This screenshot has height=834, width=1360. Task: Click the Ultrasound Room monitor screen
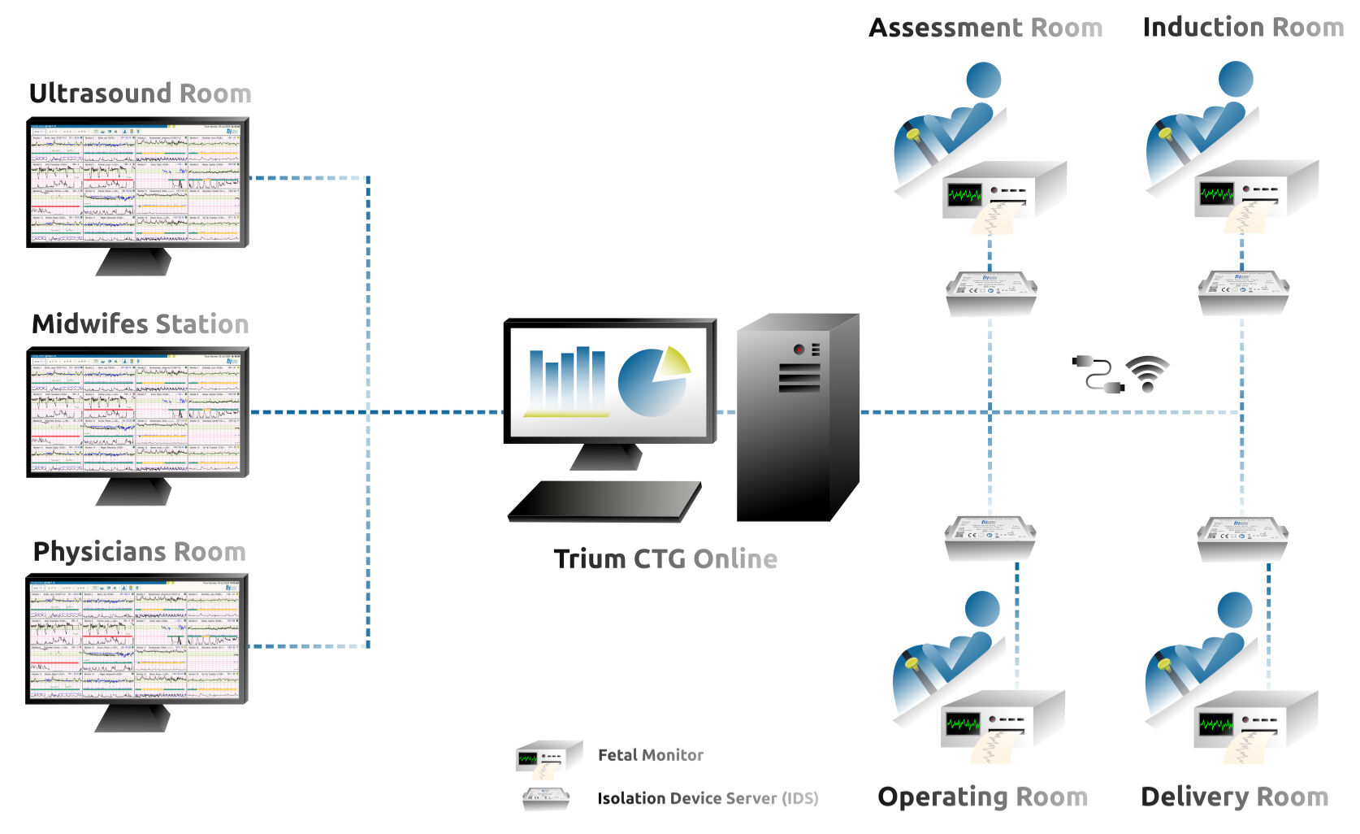coord(136,184)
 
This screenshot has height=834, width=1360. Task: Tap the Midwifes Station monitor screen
coord(136,413)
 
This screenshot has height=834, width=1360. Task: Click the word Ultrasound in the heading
coord(102,93)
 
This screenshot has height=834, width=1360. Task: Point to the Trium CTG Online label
coord(665,559)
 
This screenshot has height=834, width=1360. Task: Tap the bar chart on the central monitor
coord(567,380)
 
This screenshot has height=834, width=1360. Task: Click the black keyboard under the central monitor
coord(605,501)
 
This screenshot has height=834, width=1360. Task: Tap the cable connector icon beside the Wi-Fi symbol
coord(1098,374)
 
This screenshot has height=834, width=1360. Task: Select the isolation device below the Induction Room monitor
coord(1243,291)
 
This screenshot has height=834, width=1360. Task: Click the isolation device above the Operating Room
coord(990,536)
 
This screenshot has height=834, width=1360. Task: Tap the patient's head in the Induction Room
coord(1236,80)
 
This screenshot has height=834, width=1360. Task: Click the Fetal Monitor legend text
coord(650,755)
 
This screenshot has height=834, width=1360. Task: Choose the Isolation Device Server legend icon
coord(546,798)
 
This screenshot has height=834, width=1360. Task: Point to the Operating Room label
coord(982,797)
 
